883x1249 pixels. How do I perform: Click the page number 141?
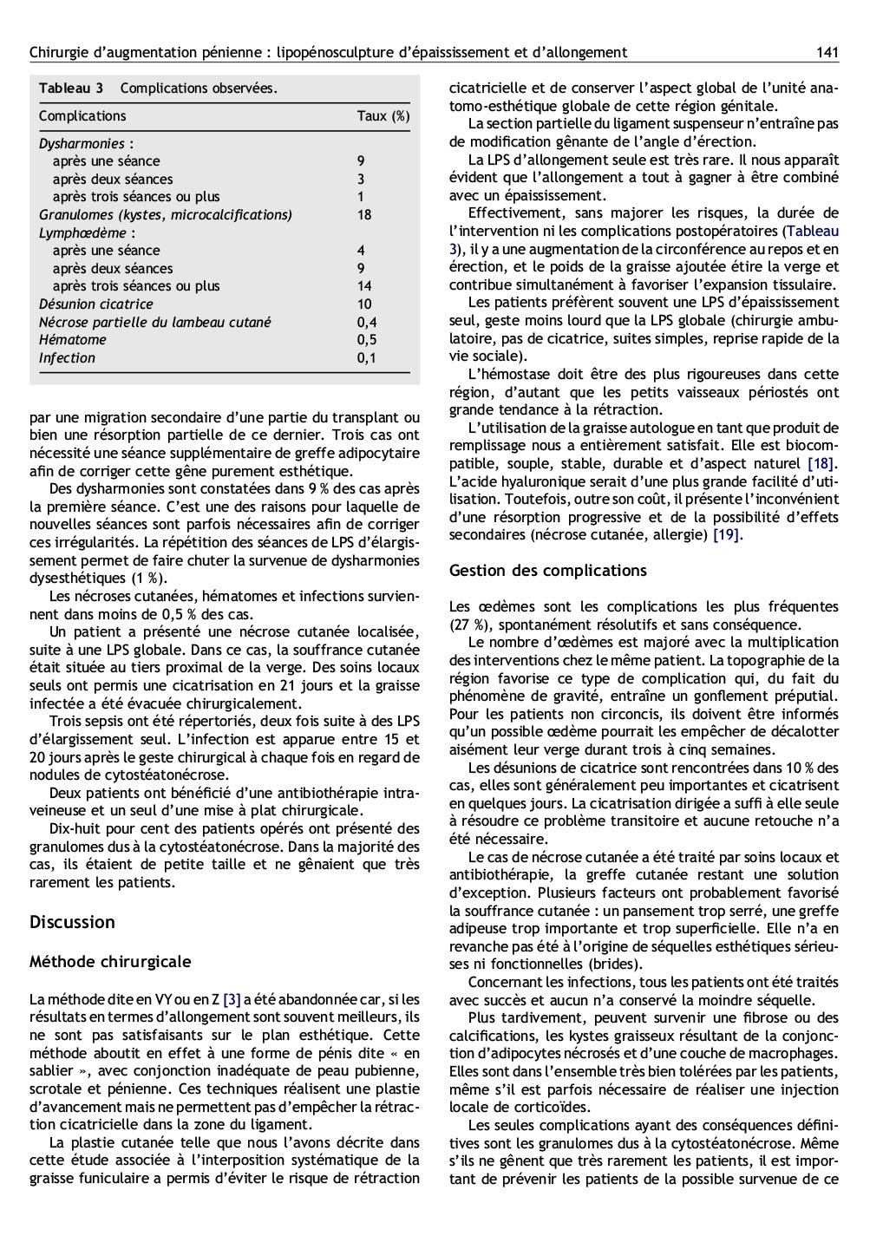827,53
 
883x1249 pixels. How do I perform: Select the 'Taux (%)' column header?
383,116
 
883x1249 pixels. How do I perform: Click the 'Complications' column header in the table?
82,116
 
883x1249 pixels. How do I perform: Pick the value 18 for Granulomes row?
364,215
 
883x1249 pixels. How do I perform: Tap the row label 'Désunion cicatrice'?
95,304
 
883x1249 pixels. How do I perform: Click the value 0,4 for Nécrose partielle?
367,323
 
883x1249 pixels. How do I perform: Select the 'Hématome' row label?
73,340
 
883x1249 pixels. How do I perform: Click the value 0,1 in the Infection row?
367,358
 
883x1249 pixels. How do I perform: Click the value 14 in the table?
364,286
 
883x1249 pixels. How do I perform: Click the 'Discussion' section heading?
72,922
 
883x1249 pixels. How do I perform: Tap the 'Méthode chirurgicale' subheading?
110,962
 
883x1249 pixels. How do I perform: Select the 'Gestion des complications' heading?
547,571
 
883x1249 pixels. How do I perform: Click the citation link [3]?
232,999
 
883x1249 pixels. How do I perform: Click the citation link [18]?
821,463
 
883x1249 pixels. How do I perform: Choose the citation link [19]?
725,535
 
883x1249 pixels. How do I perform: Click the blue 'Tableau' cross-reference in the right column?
813,231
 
